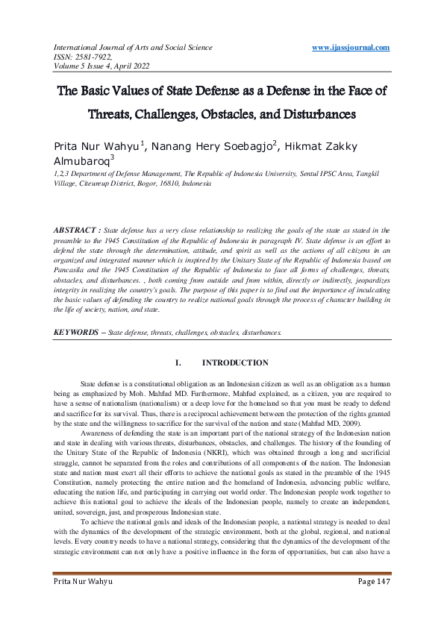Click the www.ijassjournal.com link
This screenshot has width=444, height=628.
coord(351,48)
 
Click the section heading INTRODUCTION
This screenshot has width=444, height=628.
coord(235,363)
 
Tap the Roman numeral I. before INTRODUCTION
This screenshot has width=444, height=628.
coord(178,363)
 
